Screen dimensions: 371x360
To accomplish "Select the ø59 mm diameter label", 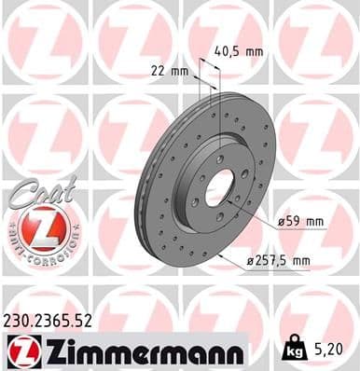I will tap(299, 222).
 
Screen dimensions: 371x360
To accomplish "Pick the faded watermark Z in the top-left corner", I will tap(42, 42).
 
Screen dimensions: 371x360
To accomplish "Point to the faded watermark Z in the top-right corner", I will tap(317, 42).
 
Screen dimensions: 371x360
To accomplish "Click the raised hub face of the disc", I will tap(201, 182).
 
